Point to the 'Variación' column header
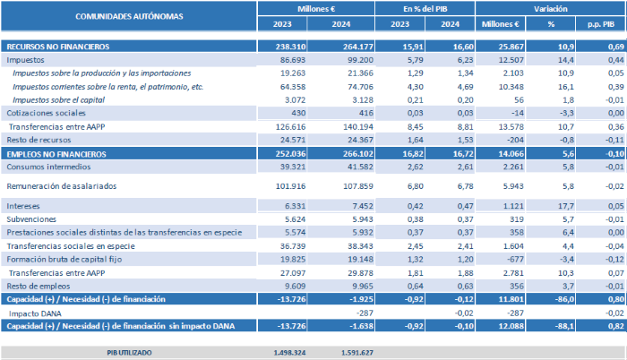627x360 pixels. (x=551, y=9)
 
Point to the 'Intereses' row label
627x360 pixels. (x=24, y=205)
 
